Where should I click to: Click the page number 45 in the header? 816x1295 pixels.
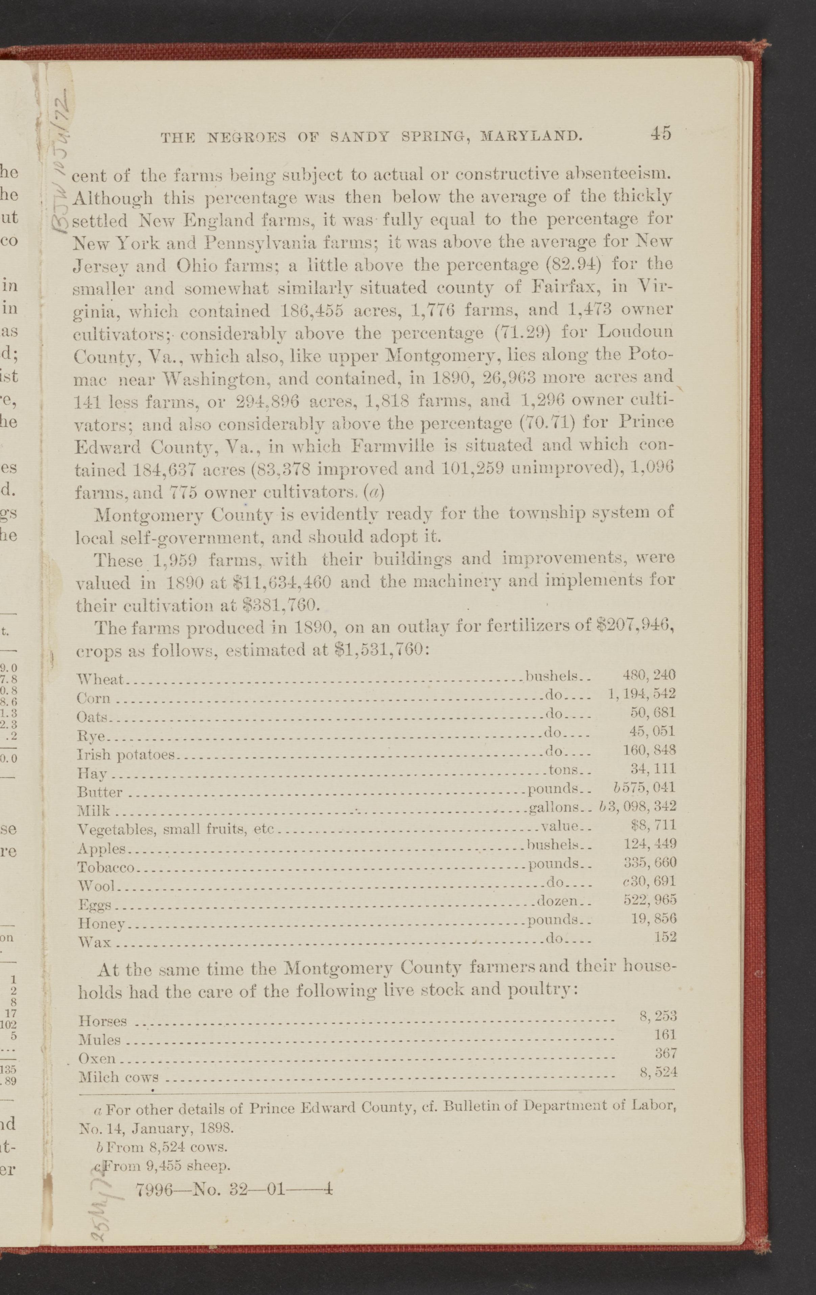660,133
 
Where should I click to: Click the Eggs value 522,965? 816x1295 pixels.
649,899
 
